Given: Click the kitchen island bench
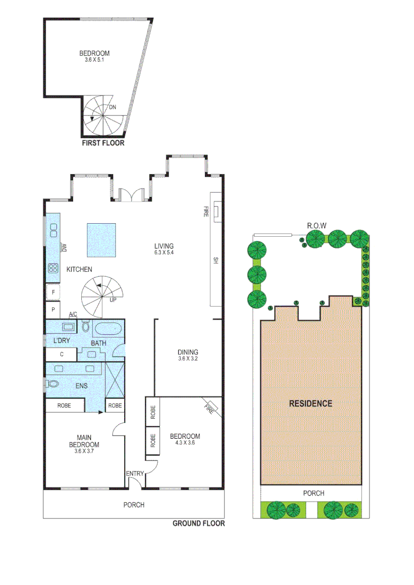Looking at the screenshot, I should point(101,240).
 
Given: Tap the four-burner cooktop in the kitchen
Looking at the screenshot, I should point(53,268).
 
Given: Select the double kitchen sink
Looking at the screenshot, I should point(53,232).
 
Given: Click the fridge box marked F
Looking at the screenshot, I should point(53,293).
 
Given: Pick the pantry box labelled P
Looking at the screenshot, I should point(53,310).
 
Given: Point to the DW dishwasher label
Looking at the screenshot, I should point(64,248).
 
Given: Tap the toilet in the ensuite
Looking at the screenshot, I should point(53,383).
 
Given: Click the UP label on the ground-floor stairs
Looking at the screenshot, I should point(113,300).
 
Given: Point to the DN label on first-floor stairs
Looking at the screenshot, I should point(112,107).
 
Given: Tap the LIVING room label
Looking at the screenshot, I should point(164,246).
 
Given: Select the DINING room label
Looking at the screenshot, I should point(187,352).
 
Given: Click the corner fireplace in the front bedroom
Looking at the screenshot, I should point(211,405).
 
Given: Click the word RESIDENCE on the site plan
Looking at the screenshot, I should point(310,404).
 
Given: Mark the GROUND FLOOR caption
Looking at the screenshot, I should point(198,523).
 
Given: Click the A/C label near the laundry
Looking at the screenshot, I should point(73,315).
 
